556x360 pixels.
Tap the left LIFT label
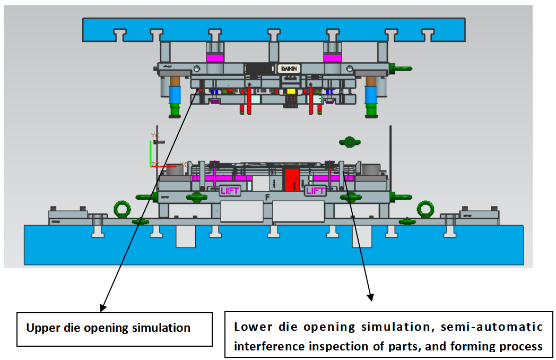(x=230, y=191)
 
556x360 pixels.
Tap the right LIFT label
(x=315, y=191)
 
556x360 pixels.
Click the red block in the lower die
(x=291, y=180)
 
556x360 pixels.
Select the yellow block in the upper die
(x=291, y=92)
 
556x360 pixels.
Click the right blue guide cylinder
(x=370, y=96)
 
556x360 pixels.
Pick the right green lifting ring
(x=425, y=209)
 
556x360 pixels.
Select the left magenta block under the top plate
(x=215, y=57)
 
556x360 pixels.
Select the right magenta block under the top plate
(x=333, y=57)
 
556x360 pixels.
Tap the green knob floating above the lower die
(x=349, y=142)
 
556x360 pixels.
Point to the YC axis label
(x=155, y=136)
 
